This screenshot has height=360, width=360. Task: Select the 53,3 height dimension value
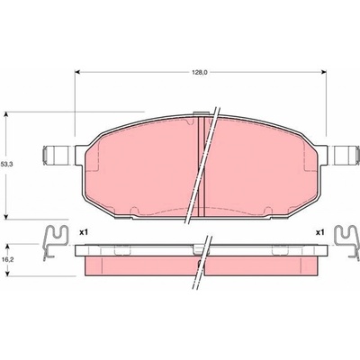(x=5, y=164)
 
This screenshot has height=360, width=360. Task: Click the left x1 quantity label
(x=84, y=232)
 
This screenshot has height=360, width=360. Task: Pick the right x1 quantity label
(x=320, y=232)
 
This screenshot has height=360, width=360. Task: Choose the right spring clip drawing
(x=347, y=241)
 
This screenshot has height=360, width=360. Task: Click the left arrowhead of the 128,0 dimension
(x=76, y=72)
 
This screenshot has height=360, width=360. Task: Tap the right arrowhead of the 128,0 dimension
(x=324, y=72)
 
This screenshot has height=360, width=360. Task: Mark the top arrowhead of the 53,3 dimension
(x=5, y=114)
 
